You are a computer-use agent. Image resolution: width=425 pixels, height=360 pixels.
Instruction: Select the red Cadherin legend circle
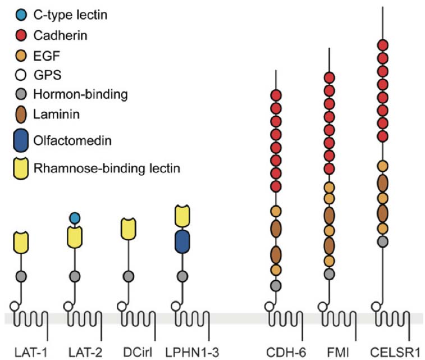tap(21, 35)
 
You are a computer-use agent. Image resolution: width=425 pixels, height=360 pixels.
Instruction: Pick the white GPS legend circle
tap(21, 74)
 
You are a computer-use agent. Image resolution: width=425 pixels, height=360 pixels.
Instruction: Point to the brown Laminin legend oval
tap(21, 114)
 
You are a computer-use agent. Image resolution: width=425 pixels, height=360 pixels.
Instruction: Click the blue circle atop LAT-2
tap(75, 217)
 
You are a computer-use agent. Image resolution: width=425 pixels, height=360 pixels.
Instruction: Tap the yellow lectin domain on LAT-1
tap(21, 242)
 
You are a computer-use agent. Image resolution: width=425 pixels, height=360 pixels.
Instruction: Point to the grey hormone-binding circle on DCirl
tap(129, 276)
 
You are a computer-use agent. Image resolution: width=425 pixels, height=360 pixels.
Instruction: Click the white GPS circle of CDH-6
tap(269, 307)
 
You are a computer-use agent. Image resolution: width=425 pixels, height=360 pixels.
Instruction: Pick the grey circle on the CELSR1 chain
tap(383, 241)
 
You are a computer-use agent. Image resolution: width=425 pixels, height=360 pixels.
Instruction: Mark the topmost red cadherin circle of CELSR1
tap(383, 45)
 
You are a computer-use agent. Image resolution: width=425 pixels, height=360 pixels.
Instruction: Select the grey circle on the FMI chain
tap(330, 274)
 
